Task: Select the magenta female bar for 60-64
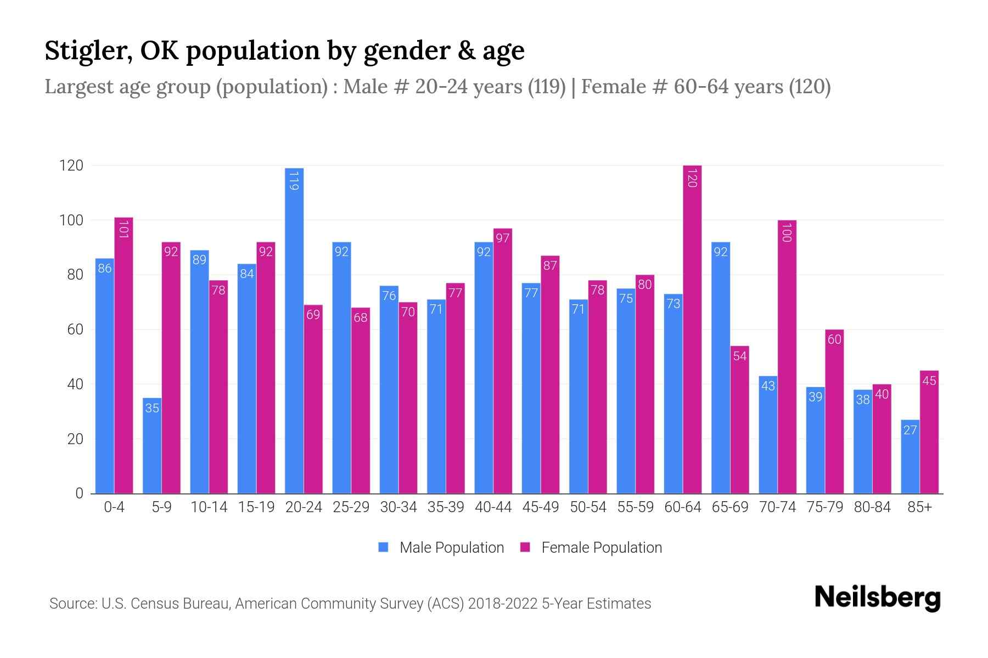[x=692, y=329]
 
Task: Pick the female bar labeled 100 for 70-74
[x=787, y=356]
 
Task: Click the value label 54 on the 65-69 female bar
[x=739, y=356]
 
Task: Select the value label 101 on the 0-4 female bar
[x=123, y=229]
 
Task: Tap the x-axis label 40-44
[x=493, y=507]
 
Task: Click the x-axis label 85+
[x=919, y=507]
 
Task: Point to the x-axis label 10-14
[x=209, y=507]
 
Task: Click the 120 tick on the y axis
[x=71, y=166]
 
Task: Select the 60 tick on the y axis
[x=75, y=330]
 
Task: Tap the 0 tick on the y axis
[x=79, y=493]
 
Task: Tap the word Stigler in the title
[x=88, y=50]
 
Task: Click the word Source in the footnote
[x=72, y=604]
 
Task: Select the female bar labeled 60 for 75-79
[x=834, y=411]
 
